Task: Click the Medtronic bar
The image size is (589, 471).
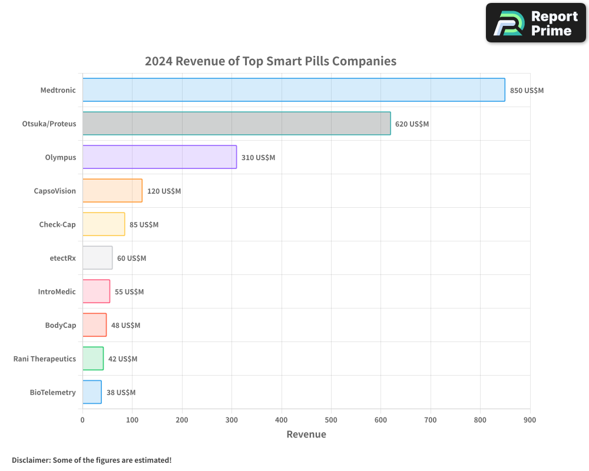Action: [x=293, y=90]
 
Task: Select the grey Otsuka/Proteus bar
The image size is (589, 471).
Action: [x=236, y=124]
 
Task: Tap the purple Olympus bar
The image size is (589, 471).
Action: [x=160, y=157]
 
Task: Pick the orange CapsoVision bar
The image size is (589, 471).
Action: [x=112, y=191]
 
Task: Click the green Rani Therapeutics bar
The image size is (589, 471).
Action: [x=93, y=359]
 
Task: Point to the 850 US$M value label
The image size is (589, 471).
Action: [x=527, y=91]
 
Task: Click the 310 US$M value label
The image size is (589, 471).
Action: [x=258, y=158]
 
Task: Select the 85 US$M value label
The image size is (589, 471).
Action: [x=144, y=225]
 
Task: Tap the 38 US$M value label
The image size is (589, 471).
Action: [x=121, y=393]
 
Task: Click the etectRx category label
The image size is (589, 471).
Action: [x=62, y=258]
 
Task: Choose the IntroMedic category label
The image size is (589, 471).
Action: [x=57, y=291]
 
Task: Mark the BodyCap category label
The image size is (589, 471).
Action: [x=60, y=325]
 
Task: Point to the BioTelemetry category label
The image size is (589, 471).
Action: [x=52, y=392]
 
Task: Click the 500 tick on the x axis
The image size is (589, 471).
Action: [x=331, y=420]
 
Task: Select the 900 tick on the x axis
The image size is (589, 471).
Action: [x=530, y=420]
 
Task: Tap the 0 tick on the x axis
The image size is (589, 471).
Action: [x=82, y=420]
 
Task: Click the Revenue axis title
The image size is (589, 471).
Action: [x=306, y=434]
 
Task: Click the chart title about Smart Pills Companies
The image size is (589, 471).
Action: [x=270, y=61]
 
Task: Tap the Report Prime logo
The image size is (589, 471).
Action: [x=535, y=23]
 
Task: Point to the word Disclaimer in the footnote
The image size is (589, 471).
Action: [x=30, y=460]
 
